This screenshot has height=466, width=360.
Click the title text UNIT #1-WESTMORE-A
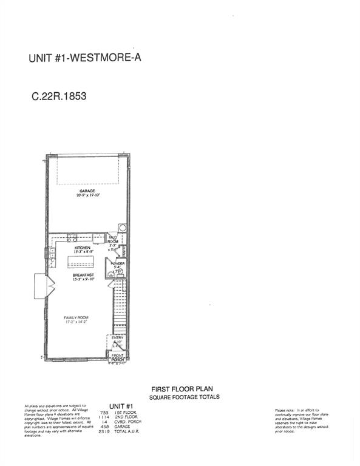click(85, 59)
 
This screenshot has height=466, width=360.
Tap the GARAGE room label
click(86, 191)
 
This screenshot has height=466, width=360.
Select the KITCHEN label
click(83, 248)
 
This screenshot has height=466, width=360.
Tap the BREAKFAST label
click(84, 275)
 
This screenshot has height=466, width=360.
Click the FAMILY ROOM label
click(78, 317)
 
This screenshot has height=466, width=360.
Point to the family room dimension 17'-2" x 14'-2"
click(78, 322)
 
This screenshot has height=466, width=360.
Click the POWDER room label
click(118, 263)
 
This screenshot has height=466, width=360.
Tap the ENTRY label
click(118, 337)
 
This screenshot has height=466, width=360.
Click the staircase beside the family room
click(120, 303)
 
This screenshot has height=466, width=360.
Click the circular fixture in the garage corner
click(123, 229)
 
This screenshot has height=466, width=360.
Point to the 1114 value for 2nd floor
click(104, 417)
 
